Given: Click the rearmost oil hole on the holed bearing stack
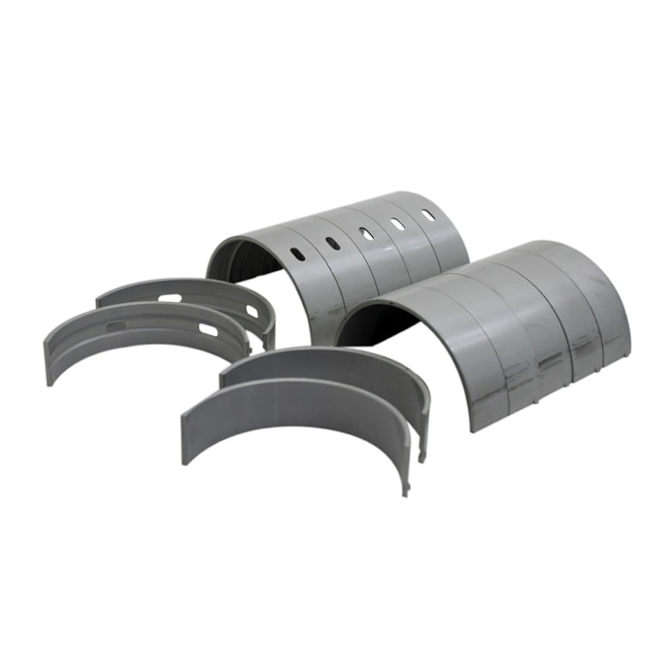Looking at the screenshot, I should click(427, 215).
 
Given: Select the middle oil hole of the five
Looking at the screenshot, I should click(365, 233).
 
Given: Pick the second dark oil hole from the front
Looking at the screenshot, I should click(333, 244).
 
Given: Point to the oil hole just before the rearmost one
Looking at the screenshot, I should click(397, 223).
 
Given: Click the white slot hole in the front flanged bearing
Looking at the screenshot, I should click(208, 330).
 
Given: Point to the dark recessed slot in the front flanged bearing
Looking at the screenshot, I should click(115, 325).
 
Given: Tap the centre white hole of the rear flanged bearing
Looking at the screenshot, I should click(169, 297).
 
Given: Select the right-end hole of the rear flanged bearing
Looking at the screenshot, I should click(251, 312).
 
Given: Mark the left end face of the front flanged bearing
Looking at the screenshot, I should click(51, 360).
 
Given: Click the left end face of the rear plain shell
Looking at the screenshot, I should click(223, 379).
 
